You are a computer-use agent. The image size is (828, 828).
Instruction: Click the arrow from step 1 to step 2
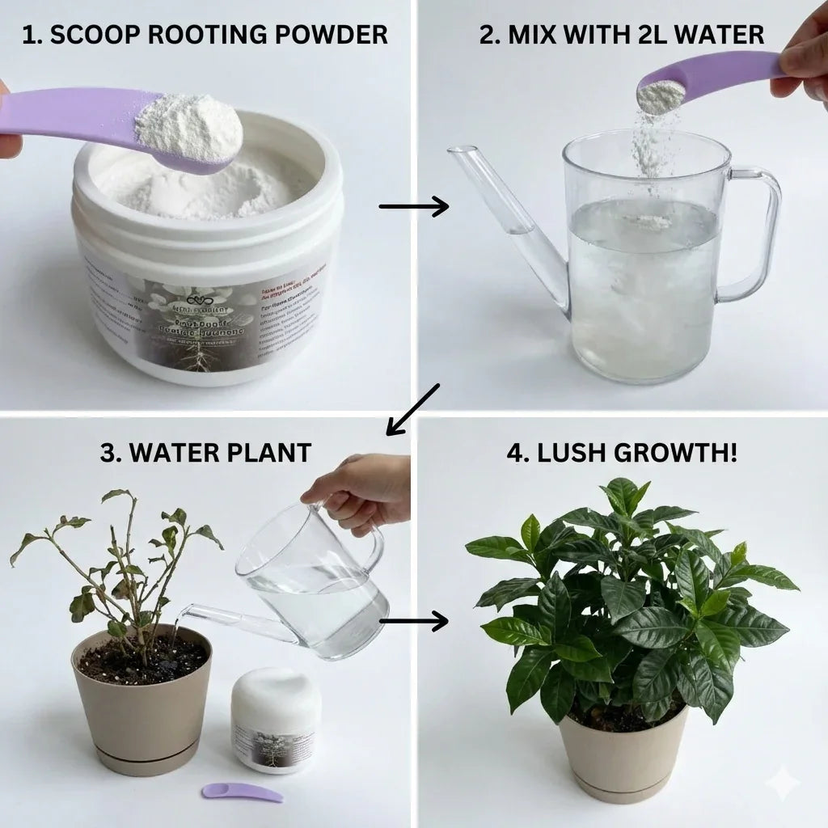coord(413,206)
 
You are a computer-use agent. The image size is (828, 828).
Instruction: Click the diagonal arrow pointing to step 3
coord(412,410)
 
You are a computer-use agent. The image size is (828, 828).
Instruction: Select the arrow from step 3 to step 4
coord(413,621)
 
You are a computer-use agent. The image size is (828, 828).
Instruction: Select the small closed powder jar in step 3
coord(276,719)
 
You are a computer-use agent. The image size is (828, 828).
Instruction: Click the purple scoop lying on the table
coord(242,792)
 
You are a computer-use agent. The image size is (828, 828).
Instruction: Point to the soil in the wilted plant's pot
coord(142,659)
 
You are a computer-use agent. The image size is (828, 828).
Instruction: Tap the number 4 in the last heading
coord(513,452)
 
